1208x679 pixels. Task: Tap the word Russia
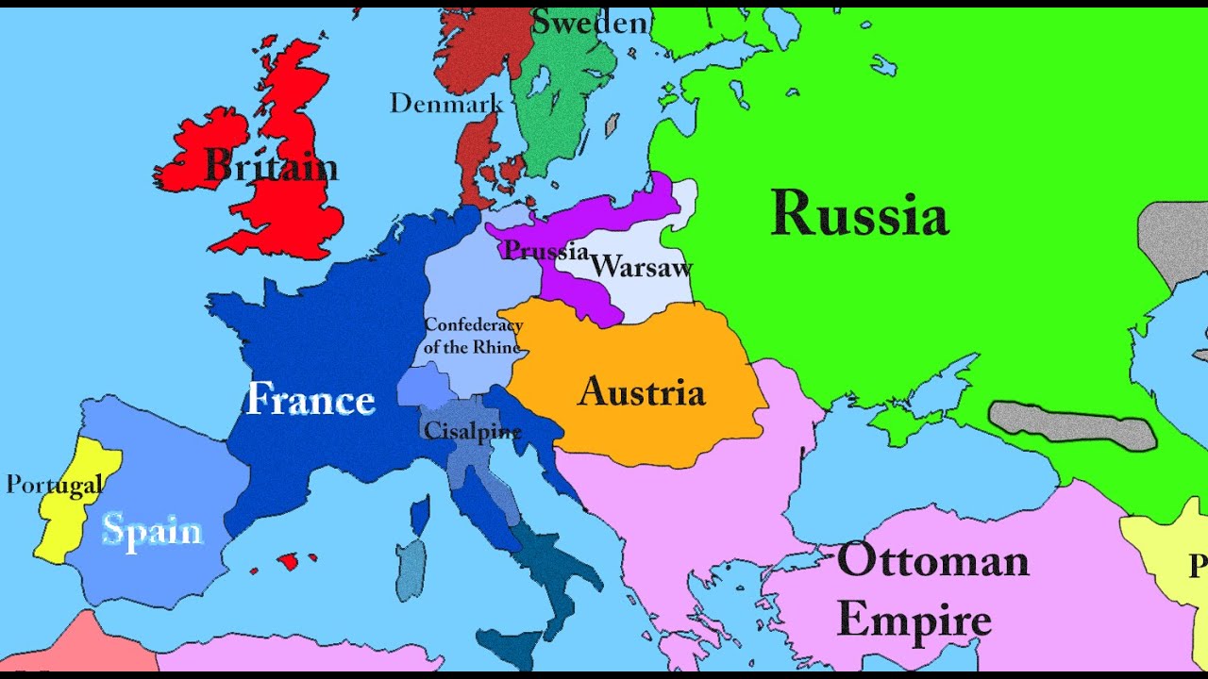(x=859, y=214)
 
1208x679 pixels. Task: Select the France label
(x=310, y=400)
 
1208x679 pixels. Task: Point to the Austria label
(x=642, y=391)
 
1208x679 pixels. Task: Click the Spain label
(x=152, y=530)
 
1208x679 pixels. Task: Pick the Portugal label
(x=54, y=485)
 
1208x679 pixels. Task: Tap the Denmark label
(x=446, y=103)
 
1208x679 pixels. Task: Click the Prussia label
(x=545, y=251)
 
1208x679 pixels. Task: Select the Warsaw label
(x=642, y=267)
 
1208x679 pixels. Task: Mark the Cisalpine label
(x=473, y=431)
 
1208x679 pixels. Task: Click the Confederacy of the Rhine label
(x=473, y=336)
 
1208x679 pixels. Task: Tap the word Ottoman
(x=932, y=561)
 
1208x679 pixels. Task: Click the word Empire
(x=914, y=621)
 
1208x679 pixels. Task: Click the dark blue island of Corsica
(x=420, y=515)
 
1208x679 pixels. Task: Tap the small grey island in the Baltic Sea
(x=612, y=124)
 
